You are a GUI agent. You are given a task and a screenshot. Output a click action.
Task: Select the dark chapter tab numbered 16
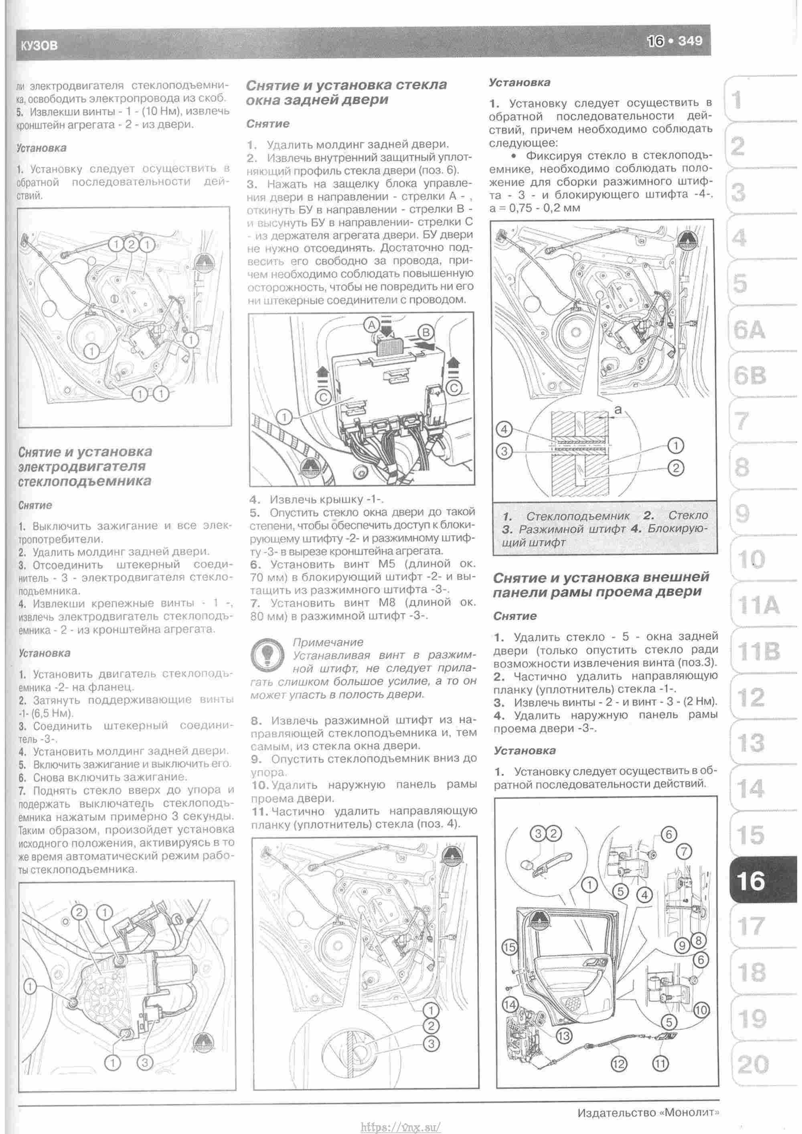(x=751, y=880)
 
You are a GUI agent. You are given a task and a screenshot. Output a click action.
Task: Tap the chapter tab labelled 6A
(x=749, y=331)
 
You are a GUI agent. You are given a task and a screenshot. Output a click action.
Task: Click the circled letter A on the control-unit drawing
(x=371, y=325)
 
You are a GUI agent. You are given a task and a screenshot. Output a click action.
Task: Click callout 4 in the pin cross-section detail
(x=504, y=429)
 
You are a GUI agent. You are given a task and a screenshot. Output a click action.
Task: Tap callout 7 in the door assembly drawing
(x=684, y=852)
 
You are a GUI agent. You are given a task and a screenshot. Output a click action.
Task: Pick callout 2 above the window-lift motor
(x=81, y=912)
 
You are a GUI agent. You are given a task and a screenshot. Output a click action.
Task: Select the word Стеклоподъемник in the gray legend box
(x=578, y=516)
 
